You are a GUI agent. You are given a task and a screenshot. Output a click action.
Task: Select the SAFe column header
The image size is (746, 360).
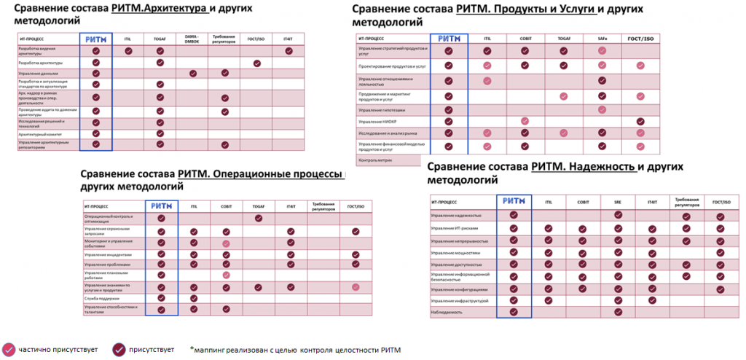pos(602,39)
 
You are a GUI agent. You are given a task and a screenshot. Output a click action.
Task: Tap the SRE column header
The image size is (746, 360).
pos(618,202)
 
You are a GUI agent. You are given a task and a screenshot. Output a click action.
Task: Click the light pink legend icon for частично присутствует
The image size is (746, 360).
pos(9,349)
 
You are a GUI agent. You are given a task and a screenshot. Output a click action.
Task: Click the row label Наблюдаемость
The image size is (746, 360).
pos(448,312)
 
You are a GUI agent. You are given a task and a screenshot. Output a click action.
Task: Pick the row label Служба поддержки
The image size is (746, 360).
pos(101,298)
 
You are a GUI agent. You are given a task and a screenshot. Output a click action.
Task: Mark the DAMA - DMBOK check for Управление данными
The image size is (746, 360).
pos(192,74)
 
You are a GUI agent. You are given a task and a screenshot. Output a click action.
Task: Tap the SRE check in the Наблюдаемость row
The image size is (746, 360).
pos(618,312)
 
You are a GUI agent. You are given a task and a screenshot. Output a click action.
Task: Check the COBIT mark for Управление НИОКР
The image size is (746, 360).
pos(524,121)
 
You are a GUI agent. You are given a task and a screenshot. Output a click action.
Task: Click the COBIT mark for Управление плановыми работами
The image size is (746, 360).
pos(226,275)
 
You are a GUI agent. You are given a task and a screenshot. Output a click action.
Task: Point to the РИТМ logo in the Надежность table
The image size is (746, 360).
pos(514,202)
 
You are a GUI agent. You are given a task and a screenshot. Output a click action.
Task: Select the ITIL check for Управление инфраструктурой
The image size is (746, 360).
pos(549,300)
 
